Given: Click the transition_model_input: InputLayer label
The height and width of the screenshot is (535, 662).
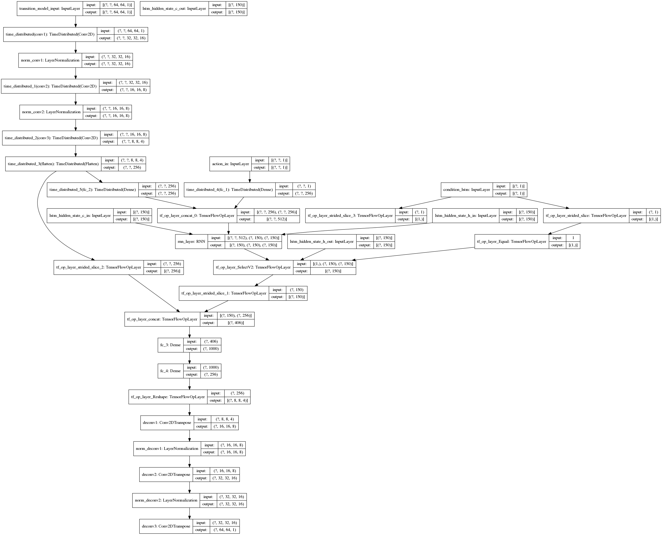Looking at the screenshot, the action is click(50, 9).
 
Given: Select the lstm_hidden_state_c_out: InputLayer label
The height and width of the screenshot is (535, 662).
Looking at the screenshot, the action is click(174, 9).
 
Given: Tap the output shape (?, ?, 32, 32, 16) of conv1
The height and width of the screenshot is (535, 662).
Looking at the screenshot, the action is click(131, 38).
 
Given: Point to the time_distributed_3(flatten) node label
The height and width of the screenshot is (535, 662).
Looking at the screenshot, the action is click(53, 164).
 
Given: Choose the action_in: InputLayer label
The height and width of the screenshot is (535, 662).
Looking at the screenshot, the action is click(230, 164).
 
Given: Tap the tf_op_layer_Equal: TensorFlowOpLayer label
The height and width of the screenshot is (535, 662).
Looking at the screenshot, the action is click(511, 242).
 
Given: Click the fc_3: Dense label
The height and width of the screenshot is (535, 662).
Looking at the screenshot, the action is click(170, 345).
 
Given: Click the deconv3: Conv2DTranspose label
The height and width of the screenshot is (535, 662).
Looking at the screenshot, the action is click(166, 526).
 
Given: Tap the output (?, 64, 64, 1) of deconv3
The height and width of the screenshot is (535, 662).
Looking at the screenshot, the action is click(224, 530).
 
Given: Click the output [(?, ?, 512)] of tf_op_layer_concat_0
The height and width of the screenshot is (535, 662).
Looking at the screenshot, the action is click(276, 219).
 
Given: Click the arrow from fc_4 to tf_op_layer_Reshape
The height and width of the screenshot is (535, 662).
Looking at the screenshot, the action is click(189, 384).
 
